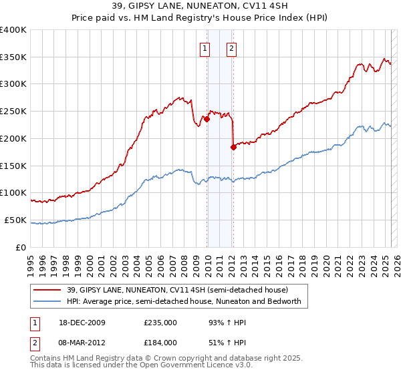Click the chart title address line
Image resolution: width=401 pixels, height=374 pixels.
click(x=200, y=6)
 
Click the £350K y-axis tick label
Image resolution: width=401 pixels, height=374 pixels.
click(x=13, y=57)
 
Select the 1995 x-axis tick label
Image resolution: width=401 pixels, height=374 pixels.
click(x=31, y=261)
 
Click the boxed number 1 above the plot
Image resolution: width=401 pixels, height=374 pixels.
click(x=204, y=47)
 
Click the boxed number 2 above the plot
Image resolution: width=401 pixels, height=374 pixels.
click(x=231, y=47)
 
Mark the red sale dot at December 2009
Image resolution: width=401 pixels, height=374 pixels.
click(x=207, y=120)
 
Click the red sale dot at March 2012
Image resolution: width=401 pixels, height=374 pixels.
click(x=233, y=148)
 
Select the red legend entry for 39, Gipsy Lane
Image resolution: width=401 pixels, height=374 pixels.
click(x=168, y=290)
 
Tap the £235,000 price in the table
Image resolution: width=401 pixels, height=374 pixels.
click(x=160, y=323)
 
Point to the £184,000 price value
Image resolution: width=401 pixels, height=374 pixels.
click(x=160, y=342)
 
